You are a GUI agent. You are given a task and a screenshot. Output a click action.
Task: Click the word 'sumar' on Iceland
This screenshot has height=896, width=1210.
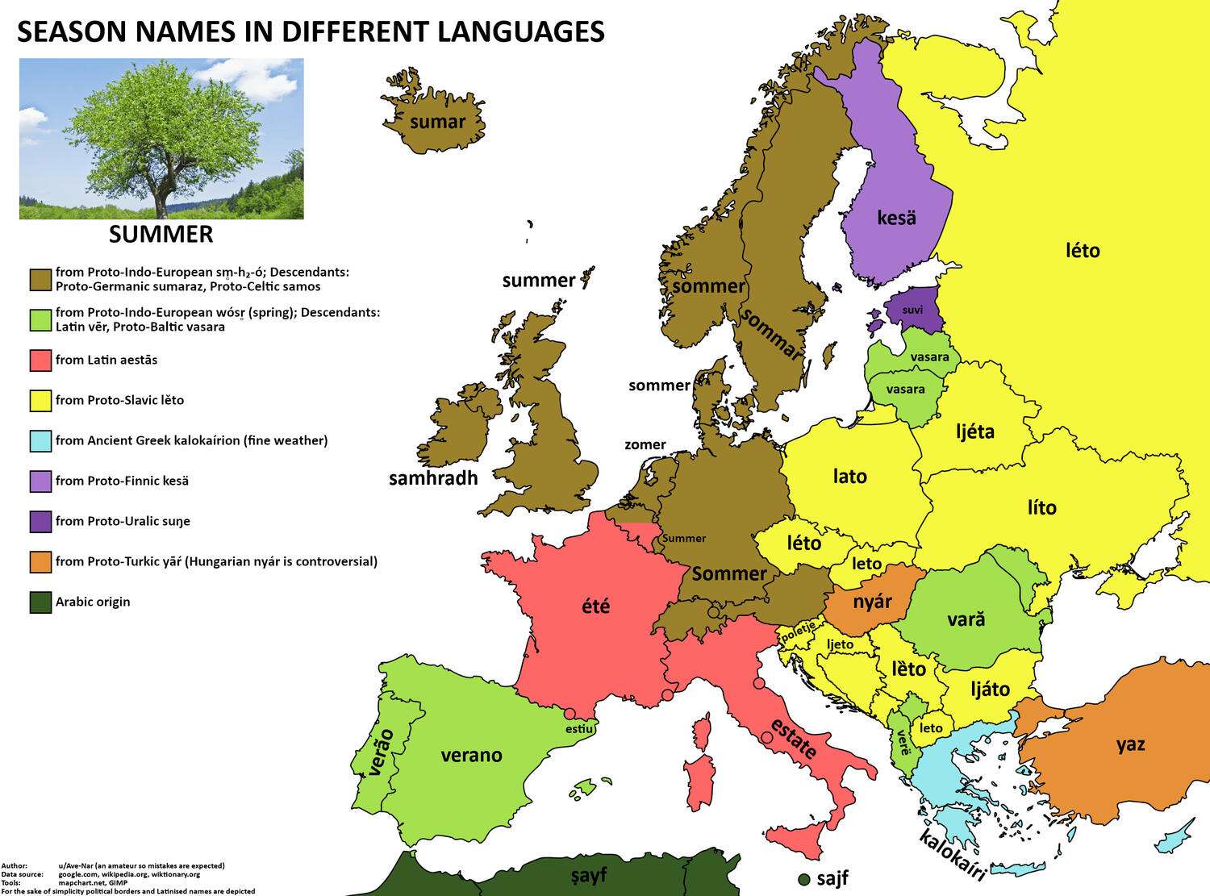[437, 122]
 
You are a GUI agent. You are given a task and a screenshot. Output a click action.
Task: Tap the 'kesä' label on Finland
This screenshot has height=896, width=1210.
[896, 217]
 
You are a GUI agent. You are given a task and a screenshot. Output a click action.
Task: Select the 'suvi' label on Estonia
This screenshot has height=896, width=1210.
[912, 310]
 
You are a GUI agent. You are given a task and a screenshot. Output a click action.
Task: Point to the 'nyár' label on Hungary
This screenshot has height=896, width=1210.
[873, 602]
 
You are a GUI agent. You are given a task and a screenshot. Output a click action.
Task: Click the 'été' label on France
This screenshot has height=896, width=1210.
[596, 605]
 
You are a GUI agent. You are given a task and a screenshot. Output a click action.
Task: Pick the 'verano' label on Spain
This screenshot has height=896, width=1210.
[471, 755]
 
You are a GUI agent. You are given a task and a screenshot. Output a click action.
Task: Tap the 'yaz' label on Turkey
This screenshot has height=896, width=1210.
[1130, 744]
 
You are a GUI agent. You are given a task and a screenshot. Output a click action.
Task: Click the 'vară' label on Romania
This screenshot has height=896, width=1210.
[966, 620]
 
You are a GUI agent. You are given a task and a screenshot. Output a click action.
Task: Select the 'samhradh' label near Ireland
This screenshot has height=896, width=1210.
[433, 478]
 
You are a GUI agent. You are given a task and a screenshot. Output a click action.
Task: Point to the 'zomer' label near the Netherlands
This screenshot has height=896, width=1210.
[645, 444]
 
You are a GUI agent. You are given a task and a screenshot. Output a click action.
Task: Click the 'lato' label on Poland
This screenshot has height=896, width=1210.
[849, 476]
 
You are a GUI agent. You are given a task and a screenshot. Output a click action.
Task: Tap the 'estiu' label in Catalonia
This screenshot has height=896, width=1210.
[579, 729]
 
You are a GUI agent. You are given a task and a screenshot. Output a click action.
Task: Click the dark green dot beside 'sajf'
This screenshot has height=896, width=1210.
[803, 878]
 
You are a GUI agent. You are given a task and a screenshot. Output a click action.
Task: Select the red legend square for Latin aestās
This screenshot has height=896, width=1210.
[40, 360]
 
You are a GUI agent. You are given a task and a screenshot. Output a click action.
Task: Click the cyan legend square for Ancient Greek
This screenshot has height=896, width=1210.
[40, 441]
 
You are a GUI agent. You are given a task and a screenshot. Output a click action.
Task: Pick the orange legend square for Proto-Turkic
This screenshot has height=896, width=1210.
[40, 562]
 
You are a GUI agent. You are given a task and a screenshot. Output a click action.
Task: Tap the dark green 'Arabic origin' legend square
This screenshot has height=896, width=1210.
[40, 602]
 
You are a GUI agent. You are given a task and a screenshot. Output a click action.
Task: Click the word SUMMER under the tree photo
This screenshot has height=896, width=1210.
[161, 235]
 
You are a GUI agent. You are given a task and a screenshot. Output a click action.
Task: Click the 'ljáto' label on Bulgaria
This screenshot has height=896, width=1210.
[989, 690]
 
